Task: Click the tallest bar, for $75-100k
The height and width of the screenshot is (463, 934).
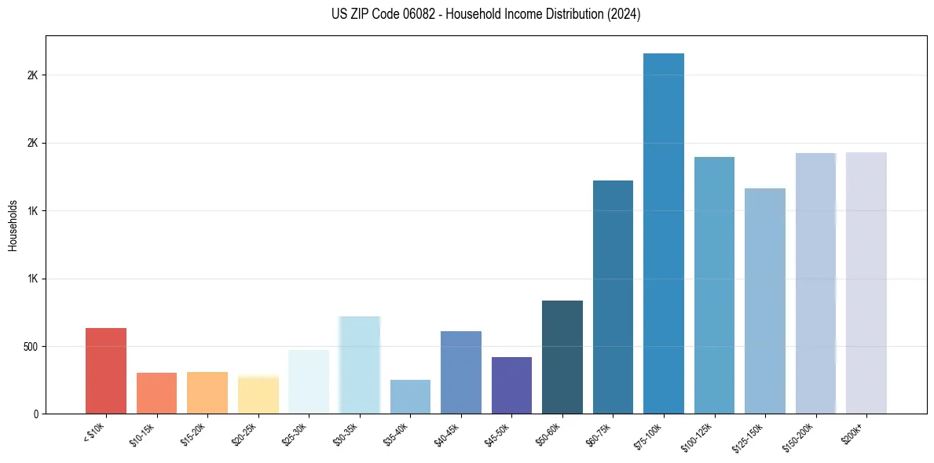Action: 664,233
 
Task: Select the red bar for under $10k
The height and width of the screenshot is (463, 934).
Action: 106,370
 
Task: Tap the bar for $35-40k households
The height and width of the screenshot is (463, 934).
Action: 410,396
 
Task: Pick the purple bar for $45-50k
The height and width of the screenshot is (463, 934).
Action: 511,385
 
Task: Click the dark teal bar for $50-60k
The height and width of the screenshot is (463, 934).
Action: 562,357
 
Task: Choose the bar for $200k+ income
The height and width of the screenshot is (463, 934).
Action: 866,283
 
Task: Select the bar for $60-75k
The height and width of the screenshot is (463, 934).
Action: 613,297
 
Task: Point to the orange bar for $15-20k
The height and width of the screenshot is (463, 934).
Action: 207,392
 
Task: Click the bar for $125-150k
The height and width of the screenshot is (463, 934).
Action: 765,301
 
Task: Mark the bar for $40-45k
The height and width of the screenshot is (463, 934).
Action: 461,372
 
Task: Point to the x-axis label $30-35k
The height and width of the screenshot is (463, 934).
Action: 348,433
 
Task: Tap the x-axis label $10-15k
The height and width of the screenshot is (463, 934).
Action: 145,433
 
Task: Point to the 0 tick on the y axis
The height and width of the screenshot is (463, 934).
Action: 36,414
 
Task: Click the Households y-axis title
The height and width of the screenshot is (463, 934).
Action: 13,224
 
